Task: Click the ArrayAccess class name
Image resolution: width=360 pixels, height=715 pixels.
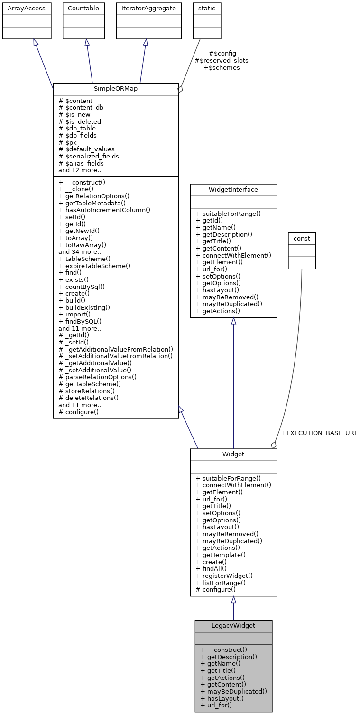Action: click(24, 8)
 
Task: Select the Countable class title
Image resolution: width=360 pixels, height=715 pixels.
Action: click(84, 8)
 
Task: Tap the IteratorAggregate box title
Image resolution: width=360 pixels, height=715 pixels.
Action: click(145, 8)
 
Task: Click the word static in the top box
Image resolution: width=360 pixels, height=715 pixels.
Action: click(207, 8)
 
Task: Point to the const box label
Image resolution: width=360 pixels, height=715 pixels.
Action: click(302, 239)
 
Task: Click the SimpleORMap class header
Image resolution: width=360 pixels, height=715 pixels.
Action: click(115, 89)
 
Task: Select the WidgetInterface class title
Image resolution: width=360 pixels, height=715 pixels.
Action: click(233, 190)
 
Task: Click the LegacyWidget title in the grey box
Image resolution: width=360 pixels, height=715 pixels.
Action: click(233, 626)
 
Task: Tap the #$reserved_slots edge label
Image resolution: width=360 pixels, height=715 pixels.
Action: click(222, 60)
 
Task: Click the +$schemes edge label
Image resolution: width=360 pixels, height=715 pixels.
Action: click(222, 67)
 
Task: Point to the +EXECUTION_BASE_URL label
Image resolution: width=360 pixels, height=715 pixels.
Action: click(319, 433)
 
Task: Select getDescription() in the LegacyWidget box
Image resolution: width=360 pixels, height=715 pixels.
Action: click(229, 657)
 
